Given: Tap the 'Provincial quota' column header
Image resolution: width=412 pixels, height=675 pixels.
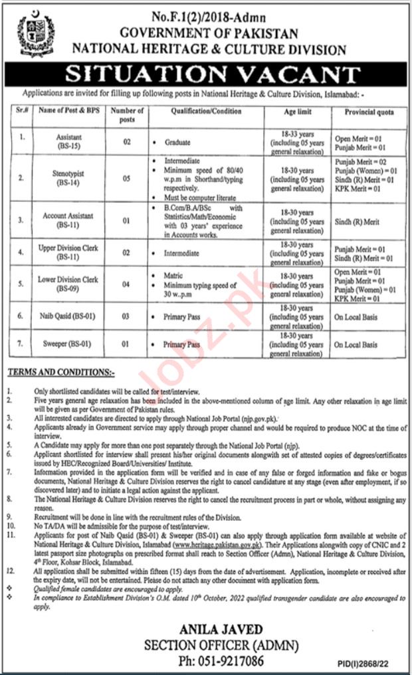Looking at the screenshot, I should pos(369,112).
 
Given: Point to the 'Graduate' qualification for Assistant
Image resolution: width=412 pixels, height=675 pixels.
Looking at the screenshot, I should pos(179,142).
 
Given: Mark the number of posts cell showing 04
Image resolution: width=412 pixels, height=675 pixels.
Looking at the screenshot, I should pos(127,284).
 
